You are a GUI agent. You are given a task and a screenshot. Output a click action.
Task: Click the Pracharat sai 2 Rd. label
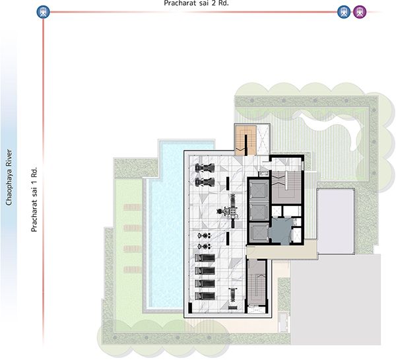pos(196,3)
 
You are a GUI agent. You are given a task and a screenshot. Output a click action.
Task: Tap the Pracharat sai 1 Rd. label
pos(34,199)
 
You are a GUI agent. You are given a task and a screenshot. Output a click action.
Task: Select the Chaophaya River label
pos(9,177)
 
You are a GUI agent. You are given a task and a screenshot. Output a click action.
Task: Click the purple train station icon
pos(360,12)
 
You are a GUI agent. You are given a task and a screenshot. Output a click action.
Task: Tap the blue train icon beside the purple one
pos(344,12)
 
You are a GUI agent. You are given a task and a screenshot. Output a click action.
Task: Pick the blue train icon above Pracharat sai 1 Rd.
pos(43,12)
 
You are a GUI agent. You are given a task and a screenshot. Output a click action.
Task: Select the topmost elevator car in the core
pos(259,190)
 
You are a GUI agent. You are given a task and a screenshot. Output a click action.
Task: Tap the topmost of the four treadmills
pos(205,258)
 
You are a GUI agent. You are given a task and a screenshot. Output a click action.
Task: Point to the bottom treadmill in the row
pos(205,296)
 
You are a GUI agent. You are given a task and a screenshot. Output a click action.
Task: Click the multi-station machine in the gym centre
pos(230,211)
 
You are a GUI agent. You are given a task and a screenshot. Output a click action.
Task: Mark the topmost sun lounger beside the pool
pos(133,207)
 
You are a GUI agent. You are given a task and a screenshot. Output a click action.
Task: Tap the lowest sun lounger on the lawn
pos(133,270)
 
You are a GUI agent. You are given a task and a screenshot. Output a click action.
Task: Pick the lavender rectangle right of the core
pos(335,221)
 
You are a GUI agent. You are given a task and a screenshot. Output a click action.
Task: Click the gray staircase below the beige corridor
pos(257,283)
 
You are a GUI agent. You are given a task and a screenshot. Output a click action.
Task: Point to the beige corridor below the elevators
pos(281,250)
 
